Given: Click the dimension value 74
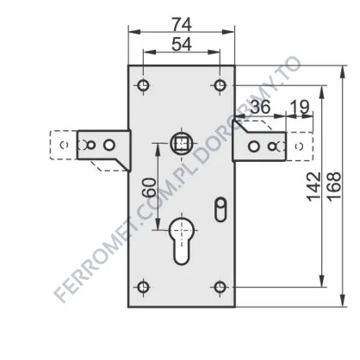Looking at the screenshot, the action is click(182, 24).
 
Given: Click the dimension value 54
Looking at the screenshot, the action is click(182, 45).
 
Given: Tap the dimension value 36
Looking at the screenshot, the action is click(260, 107).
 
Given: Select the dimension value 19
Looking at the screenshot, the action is click(300, 107).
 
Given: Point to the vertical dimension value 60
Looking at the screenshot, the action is click(150, 188).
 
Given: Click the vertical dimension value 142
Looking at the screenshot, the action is click(313, 187).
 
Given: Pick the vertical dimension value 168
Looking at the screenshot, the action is click(334, 187).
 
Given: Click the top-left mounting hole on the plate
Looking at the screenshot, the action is click(143, 85).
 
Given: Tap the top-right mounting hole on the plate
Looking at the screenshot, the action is click(220, 85).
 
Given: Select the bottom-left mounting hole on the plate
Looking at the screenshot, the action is click(143, 287).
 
